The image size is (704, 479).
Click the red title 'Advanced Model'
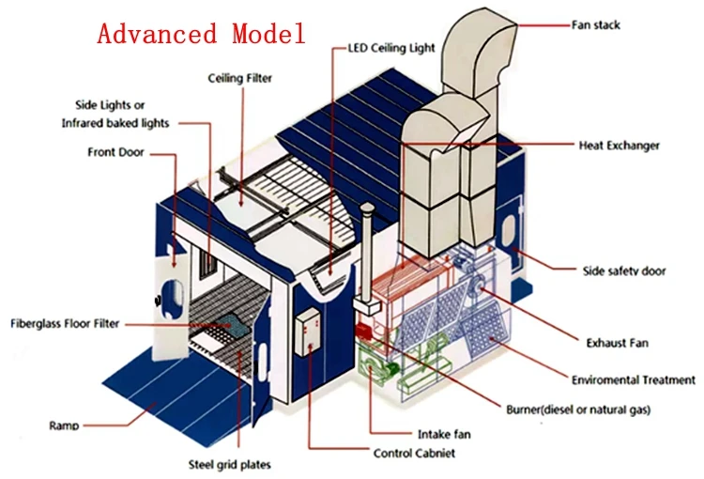tap(202, 35)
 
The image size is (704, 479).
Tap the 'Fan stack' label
tap(596, 24)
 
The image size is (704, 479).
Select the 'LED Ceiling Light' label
tap(392, 48)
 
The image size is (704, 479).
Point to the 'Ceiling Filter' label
tap(240, 79)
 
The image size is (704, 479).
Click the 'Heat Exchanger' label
tap(619, 146)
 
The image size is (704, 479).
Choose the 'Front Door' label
tap(115, 152)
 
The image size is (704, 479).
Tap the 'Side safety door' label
tap(624, 271)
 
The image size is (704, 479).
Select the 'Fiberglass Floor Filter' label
tap(65, 324)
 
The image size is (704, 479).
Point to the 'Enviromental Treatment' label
tap(634, 380)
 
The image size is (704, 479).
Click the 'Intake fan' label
tap(444, 434)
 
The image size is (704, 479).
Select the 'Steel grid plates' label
tap(229, 464)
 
